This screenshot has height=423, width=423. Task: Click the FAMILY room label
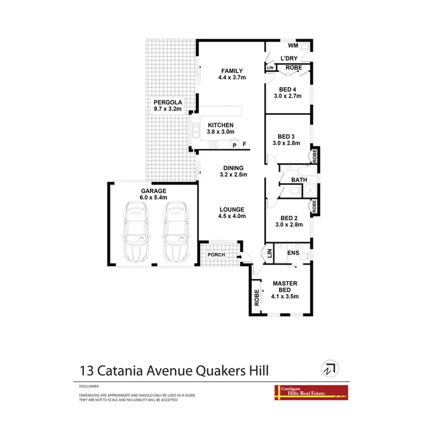tap(231, 70)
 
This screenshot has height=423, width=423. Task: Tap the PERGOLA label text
tap(166, 103)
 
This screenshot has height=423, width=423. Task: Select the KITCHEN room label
tap(221, 125)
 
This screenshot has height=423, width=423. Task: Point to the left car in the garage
tap(136, 232)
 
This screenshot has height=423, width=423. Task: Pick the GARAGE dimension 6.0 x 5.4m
tap(153, 198)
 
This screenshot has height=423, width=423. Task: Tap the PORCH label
tap(216, 255)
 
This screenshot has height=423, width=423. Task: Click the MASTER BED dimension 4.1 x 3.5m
tap(285, 296)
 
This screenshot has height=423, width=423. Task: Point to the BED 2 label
tap(289, 218)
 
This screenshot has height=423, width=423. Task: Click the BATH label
tap(298, 180)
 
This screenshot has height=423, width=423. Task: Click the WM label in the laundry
tap(293, 45)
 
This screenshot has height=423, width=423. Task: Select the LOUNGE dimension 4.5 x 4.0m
tap(232, 215)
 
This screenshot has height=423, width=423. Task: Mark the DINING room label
tap(233, 168)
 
